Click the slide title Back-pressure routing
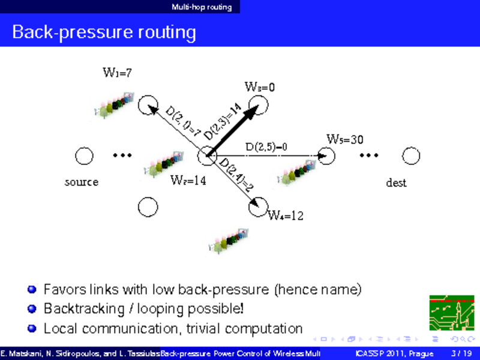tap(104, 32)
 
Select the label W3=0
tap(260, 87)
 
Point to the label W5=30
tap(344, 139)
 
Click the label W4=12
tap(285, 215)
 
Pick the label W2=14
tap(188, 179)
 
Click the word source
tap(82, 181)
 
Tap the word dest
tap(396, 182)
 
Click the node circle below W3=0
tap(259, 106)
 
